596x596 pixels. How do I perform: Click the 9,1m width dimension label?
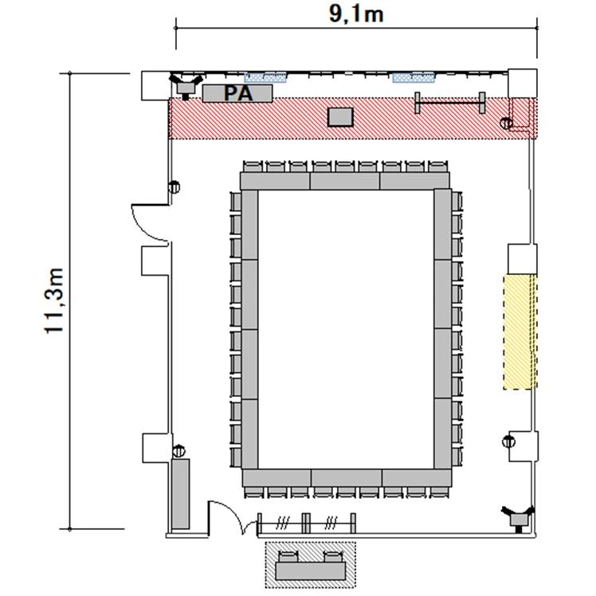[356, 15]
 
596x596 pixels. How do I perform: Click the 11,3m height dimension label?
[53, 300]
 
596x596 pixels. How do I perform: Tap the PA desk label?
[238, 93]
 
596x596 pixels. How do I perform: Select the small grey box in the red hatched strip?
[340, 117]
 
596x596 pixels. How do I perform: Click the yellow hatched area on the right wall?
[520, 331]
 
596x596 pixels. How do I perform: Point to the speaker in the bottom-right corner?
[518, 516]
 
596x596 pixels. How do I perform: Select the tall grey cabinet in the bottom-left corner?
[180, 494]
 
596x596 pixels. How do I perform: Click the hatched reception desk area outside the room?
[310, 565]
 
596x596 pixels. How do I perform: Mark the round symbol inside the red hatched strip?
[506, 124]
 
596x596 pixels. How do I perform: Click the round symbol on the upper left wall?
[174, 186]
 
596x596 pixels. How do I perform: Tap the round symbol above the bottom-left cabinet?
[178, 451]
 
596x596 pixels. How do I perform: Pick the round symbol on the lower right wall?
[508, 441]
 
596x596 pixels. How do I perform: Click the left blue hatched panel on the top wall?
[265, 77]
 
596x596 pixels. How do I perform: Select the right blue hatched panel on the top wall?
[414, 77]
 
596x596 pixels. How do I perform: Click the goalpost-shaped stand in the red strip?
[449, 102]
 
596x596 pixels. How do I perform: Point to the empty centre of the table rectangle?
[346, 329]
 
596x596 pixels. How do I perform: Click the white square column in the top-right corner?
[523, 83]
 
